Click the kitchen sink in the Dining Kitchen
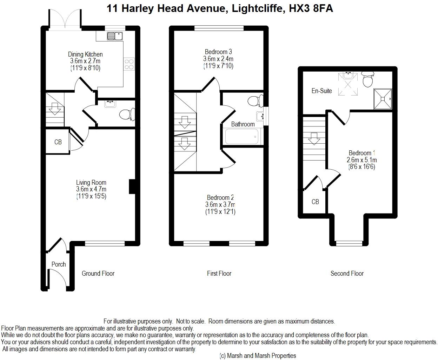pos(115,36)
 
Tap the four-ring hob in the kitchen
pos(129,64)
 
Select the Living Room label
pos(91,183)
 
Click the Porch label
pos(59,264)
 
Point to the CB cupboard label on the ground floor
pos(58,142)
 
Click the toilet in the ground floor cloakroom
pos(127,114)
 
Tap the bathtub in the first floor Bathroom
pos(242,136)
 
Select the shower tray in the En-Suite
pos(383,99)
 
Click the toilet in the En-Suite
pos(367,79)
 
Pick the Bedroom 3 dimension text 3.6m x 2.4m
pos(218,59)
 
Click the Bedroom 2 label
pos(220,197)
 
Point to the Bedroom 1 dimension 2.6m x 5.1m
pos(361,160)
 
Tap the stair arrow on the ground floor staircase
pos(55,109)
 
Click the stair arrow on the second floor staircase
pos(314,139)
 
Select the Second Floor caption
pos(347,273)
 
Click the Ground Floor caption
pos(98,273)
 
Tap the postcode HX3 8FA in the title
pos(311,8)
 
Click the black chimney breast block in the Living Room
pos(132,186)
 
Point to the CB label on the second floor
pos(315,202)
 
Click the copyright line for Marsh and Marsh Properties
pos(258,356)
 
